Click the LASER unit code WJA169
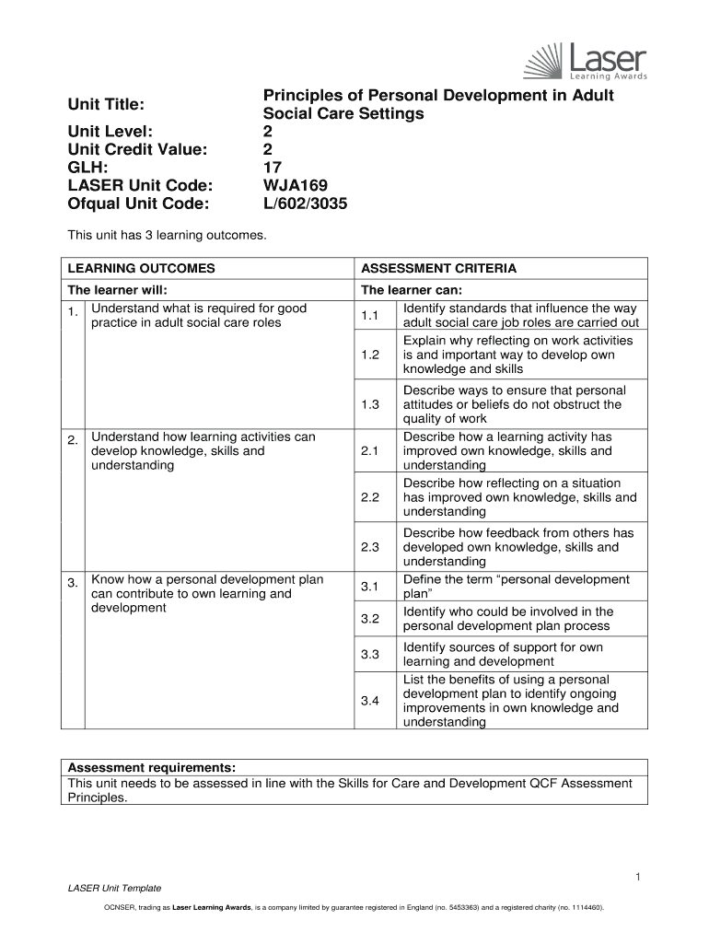tap(296, 186)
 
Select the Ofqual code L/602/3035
tap(306, 204)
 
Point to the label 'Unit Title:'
tap(108, 105)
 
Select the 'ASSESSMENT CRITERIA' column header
tap(438, 269)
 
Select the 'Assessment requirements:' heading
tap(152, 767)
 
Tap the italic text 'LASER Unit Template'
tap(115, 888)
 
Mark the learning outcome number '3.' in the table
tap(73, 584)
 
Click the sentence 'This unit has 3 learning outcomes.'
tap(167, 237)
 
